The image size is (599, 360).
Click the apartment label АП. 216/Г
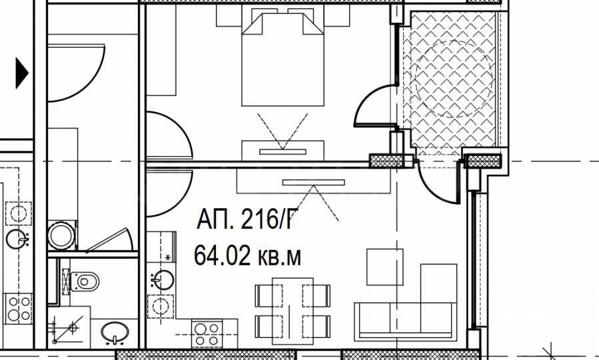247,219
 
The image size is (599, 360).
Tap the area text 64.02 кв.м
247,256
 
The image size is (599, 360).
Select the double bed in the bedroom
283,59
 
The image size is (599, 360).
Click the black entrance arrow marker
22,73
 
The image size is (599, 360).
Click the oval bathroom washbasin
115,332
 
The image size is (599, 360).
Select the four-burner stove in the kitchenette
207,335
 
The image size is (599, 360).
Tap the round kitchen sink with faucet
163,279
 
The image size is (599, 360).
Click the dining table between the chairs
293,311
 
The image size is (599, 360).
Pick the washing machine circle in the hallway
61,236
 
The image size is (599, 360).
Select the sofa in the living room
405,322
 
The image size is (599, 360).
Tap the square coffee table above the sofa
384,267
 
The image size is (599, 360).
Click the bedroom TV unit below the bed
283,151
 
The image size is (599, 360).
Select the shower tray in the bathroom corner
69,328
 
